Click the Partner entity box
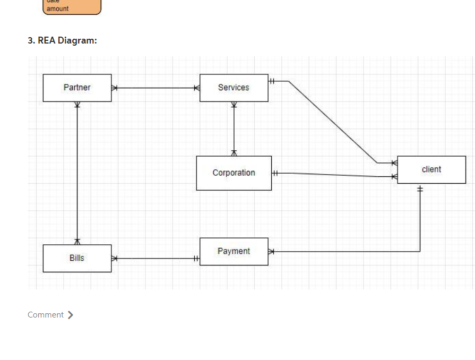click(x=77, y=88)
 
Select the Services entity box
click(x=234, y=88)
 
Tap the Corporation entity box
click(x=234, y=173)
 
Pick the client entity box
click(x=431, y=169)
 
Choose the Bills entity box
click(x=77, y=258)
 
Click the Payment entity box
click(x=234, y=251)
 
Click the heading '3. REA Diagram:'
click(x=63, y=40)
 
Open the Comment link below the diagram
click(x=46, y=315)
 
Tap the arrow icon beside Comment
click(x=70, y=315)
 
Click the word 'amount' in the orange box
click(x=57, y=8)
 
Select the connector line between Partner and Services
click(x=156, y=88)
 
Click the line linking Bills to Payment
click(x=156, y=259)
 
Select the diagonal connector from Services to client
click(x=332, y=122)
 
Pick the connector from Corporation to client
click(x=334, y=175)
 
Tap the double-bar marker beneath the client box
click(x=420, y=188)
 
